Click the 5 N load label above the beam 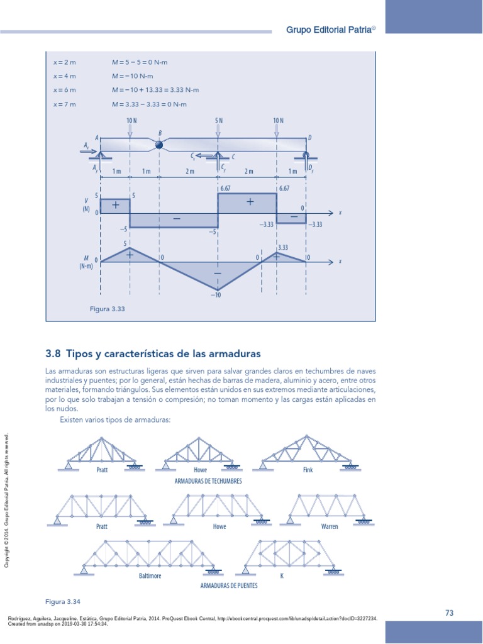click(x=218, y=121)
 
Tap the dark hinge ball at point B click(x=159, y=145)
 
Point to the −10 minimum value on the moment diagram click(x=217, y=295)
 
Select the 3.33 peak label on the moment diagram click(x=282, y=248)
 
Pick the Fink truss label click(x=308, y=470)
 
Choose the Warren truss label click(x=330, y=526)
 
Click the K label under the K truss click(x=282, y=575)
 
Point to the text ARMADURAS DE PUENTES click(x=228, y=585)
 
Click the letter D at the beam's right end click(x=309, y=137)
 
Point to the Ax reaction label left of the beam click(x=85, y=145)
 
